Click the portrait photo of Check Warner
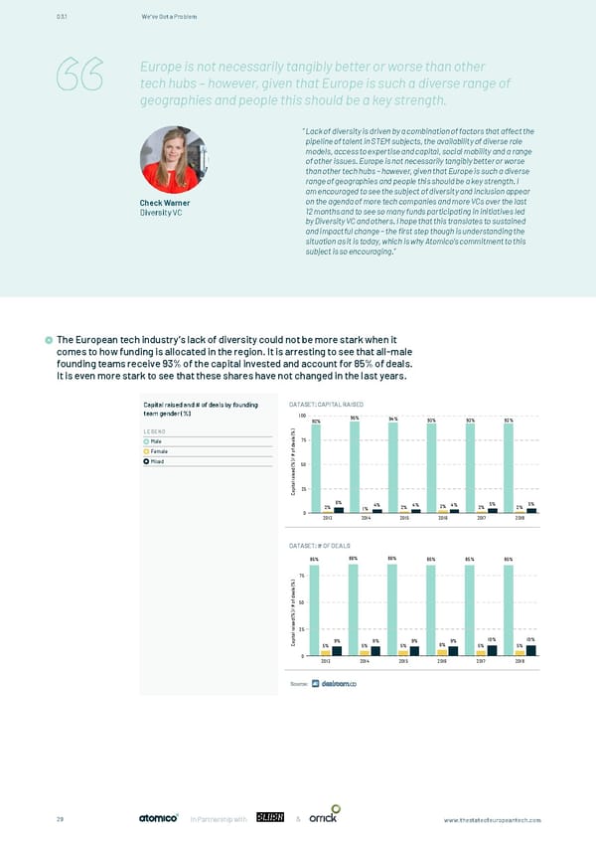tap(170, 160)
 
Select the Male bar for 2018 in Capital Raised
tap(508, 466)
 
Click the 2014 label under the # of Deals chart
tap(366, 661)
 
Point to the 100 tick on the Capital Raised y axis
tap(301, 417)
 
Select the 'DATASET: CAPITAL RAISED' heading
tap(325, 404)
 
